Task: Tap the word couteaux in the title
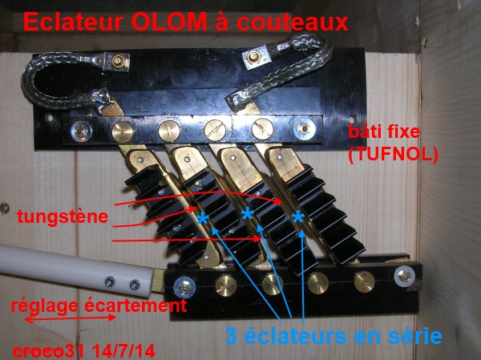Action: tap(293, 22)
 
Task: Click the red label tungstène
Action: tap(63, 217)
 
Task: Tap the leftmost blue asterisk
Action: tap(203, 219)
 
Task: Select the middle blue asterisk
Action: tap(248, 213)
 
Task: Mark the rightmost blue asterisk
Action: tap(298, 217)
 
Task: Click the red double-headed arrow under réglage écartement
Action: tap(70, 318)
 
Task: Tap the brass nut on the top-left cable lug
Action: tap(118, 61)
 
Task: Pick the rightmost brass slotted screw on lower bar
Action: tap(365, 281)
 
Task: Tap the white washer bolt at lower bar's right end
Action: tap(405, 277)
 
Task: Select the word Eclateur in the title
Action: tap(74, 22)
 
